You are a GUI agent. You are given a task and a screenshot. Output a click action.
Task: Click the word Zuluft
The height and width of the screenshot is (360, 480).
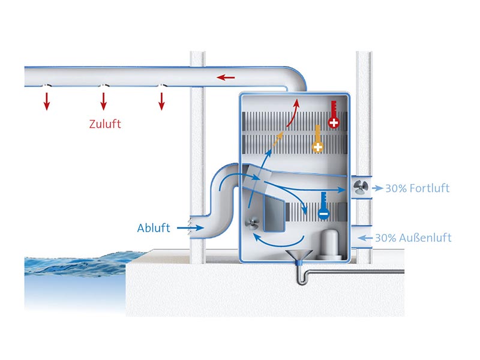104,124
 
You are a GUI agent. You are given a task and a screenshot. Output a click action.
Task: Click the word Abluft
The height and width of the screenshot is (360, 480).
154,228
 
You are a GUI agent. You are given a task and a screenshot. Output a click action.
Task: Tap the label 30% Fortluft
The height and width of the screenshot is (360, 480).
417,188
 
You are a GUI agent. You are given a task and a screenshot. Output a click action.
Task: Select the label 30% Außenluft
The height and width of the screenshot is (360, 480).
413,238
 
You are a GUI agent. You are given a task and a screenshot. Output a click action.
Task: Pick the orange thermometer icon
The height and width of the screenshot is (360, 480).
317,140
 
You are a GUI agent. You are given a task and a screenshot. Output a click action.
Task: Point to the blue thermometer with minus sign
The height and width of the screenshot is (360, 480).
323,205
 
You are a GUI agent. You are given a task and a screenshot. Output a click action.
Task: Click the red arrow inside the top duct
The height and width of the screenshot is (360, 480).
226,77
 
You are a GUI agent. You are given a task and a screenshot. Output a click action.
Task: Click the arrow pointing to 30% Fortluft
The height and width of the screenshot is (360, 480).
377,188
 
